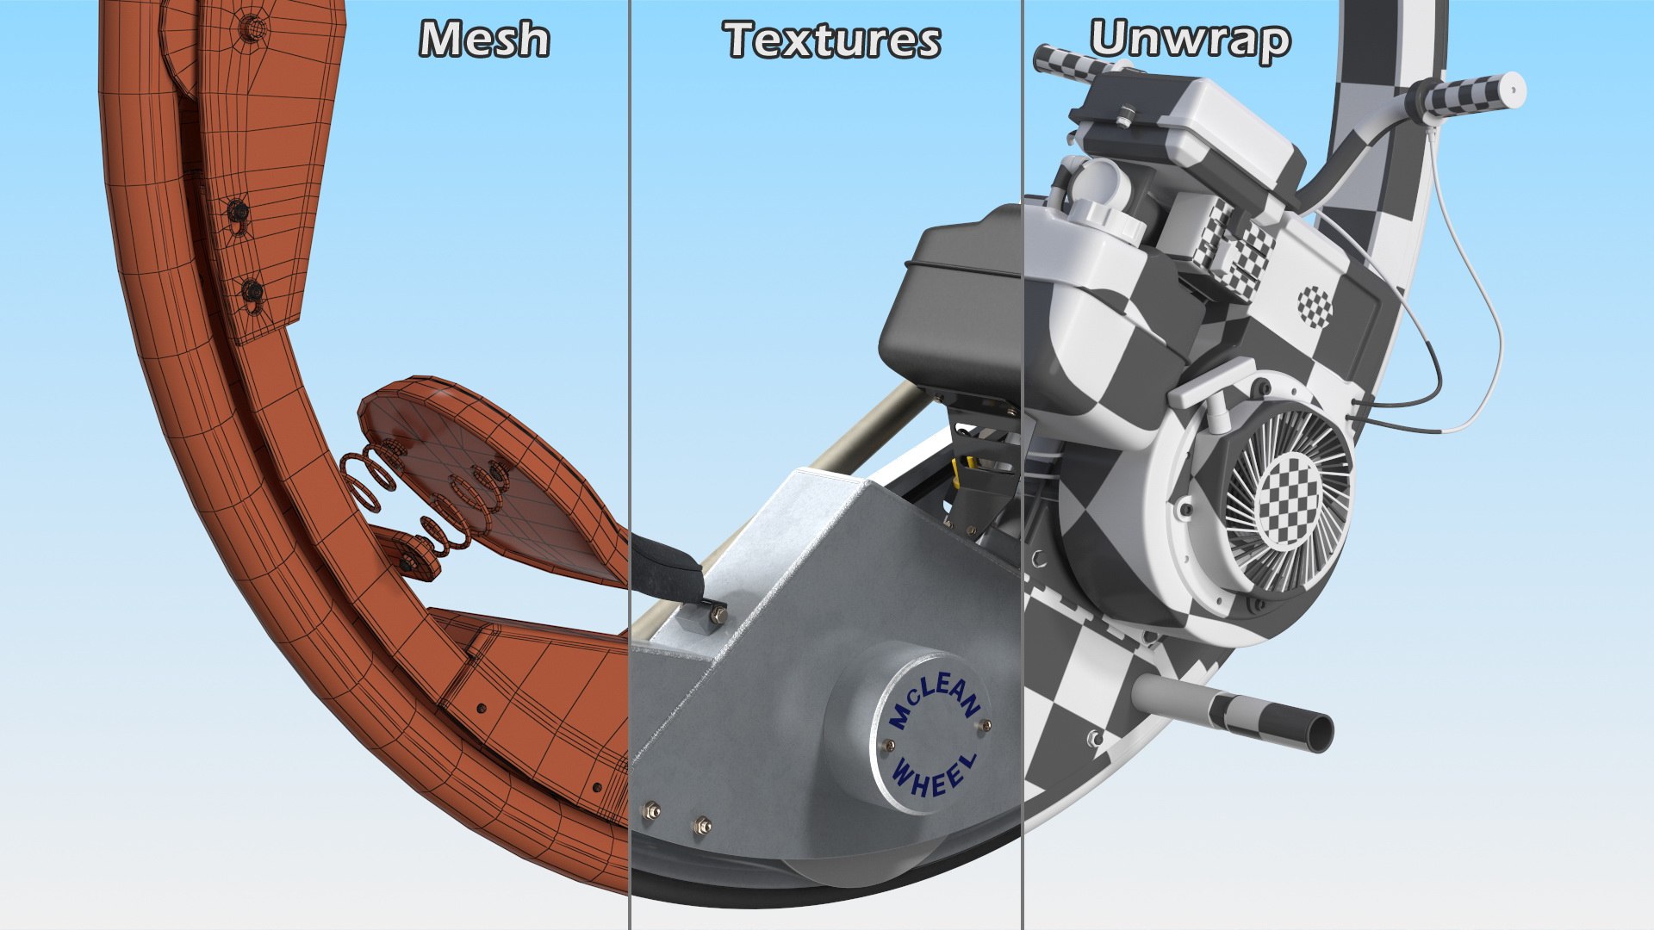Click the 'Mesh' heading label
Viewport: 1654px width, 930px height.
point(484,40)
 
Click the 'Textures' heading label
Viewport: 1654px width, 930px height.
point(832,40)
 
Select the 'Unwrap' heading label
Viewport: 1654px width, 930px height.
point(1190,40)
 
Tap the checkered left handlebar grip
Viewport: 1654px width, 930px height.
point(1065,61)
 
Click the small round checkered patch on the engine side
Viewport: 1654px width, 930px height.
point(1315,307)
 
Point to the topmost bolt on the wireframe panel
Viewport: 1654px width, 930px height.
point(252,28)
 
